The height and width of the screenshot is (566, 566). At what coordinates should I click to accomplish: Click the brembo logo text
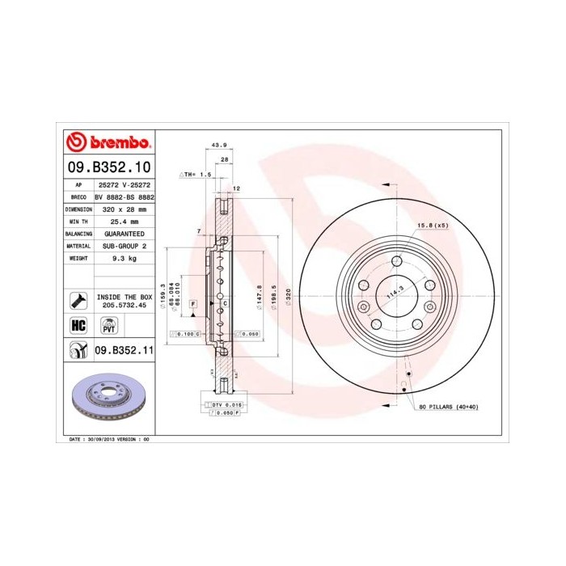click(117, 143)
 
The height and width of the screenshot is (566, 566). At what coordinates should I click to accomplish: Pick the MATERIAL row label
click(78, 245)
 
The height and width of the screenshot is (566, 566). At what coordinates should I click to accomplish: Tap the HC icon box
click(78, 325)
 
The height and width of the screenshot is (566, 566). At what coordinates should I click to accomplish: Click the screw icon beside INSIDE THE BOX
click(78, 301)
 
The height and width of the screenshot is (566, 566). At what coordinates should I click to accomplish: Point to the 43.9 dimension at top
click(218, 146)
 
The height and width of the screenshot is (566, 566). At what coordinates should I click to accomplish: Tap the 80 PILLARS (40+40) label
click(449, 406)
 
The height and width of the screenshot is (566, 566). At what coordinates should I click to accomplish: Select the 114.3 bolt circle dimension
click(394, 293)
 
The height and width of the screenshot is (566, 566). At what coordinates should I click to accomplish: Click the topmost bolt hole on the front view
click(398, 260)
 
